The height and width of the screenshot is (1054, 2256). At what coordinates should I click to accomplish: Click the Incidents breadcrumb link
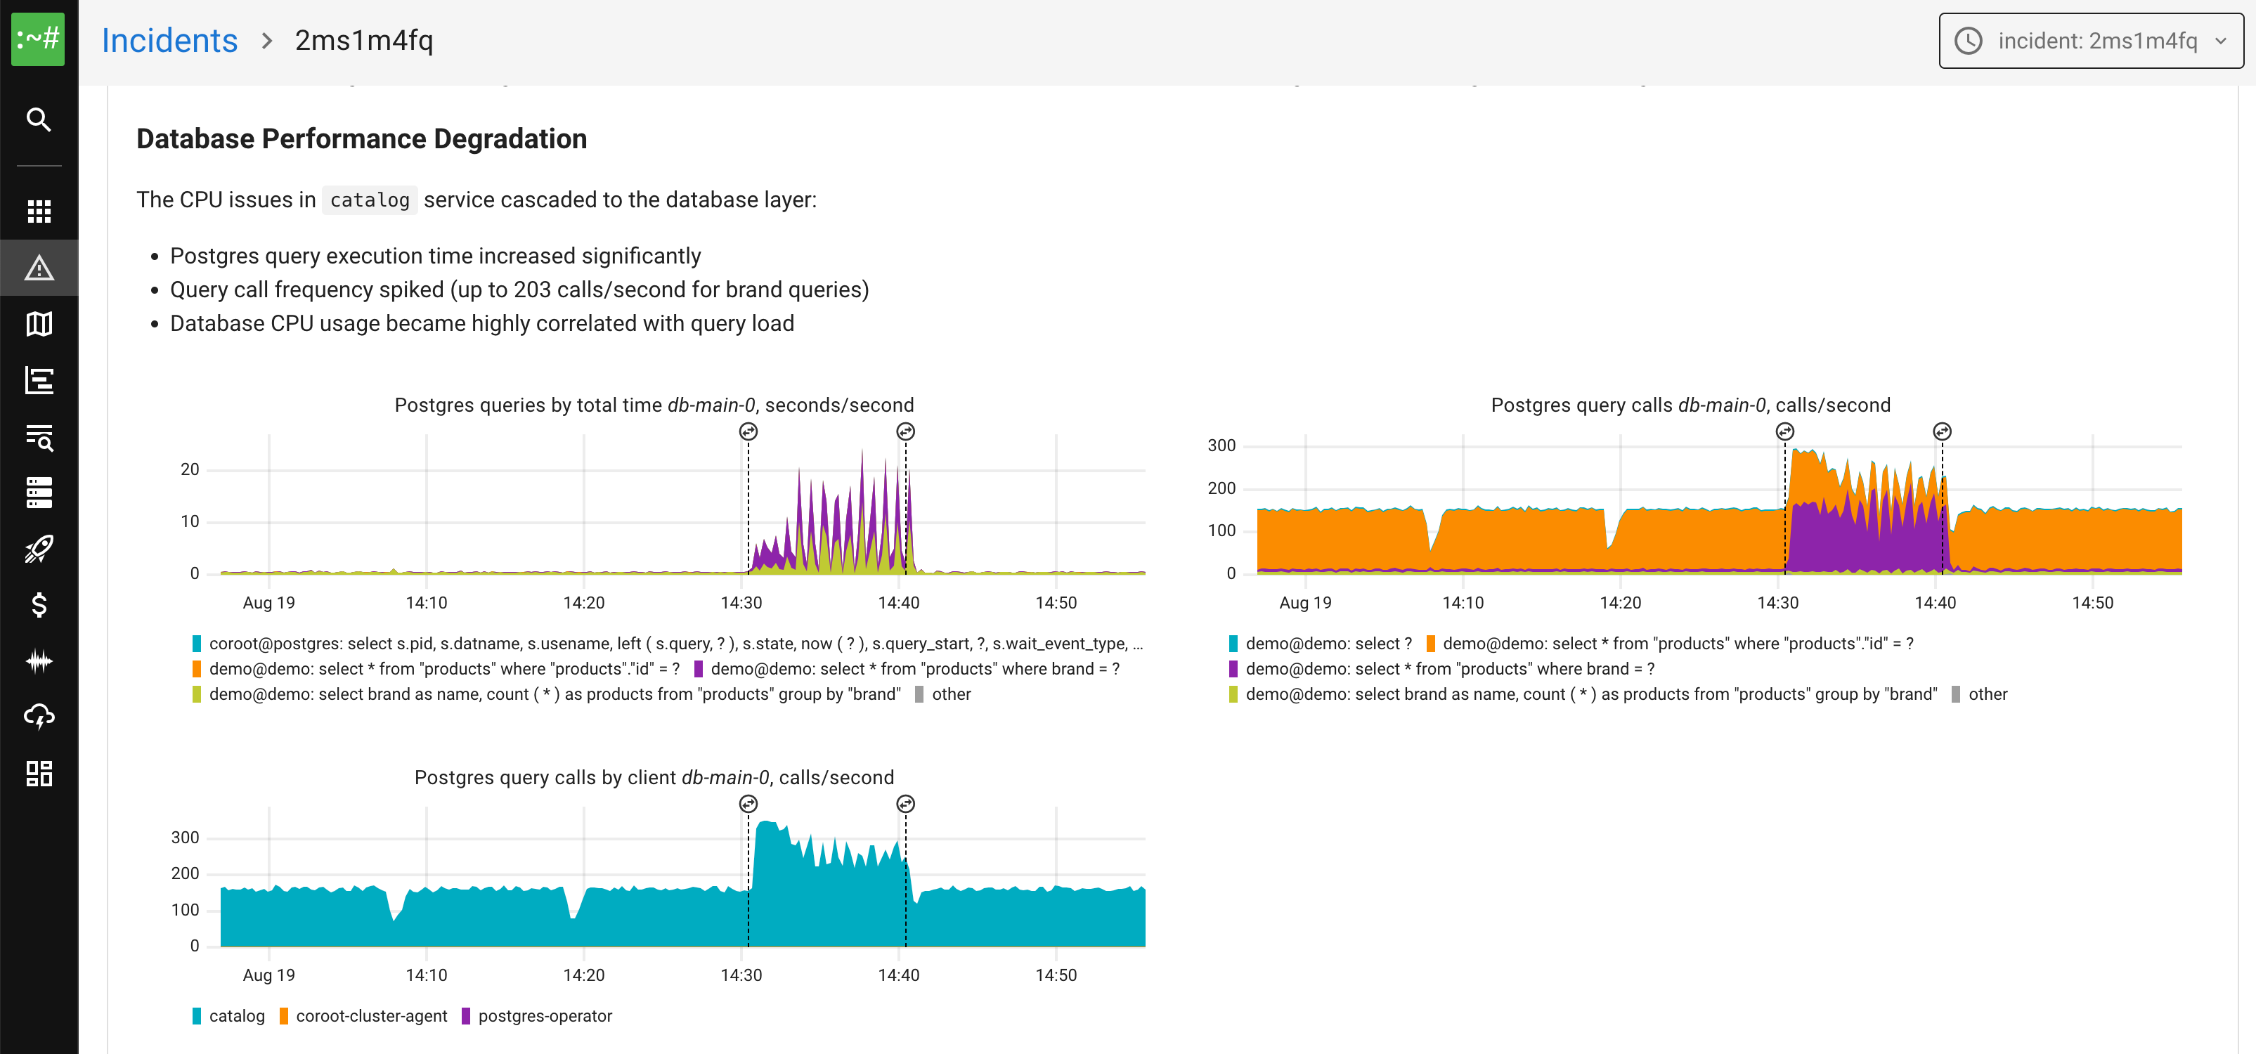pos(169,40)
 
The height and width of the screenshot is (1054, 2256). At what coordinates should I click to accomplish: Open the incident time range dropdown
pos(2090,40)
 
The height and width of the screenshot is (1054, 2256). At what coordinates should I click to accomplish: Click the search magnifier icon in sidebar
pos(39,119)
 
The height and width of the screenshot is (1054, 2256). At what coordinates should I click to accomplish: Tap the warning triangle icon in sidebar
pos(39,268)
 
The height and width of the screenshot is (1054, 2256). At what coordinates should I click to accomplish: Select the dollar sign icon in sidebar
pos(39,605)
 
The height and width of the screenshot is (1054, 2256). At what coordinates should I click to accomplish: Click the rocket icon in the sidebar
pos(39,549)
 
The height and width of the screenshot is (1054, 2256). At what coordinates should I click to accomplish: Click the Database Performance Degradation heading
pos(361,138)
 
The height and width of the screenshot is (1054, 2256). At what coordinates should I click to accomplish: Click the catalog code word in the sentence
pos(370,200)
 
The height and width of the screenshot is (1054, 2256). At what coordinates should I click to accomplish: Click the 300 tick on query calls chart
pos(1221,445)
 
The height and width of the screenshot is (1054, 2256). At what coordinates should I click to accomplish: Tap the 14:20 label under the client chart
pos(583,975)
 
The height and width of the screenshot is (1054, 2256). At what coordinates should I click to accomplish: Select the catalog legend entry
pos(235,1015)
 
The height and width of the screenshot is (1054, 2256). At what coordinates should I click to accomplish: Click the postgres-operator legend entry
pos(544,1015)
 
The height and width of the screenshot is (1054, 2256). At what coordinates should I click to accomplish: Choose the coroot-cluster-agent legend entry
pos(370,1015)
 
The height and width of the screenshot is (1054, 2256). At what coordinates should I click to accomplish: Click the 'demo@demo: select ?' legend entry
pos(1328,644)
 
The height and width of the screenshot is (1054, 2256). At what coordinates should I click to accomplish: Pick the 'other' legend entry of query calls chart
pos(1986,694)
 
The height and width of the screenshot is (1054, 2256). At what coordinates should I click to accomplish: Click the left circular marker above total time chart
pos(748,431)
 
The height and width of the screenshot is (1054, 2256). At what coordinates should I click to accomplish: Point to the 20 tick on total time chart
pos(190,469)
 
